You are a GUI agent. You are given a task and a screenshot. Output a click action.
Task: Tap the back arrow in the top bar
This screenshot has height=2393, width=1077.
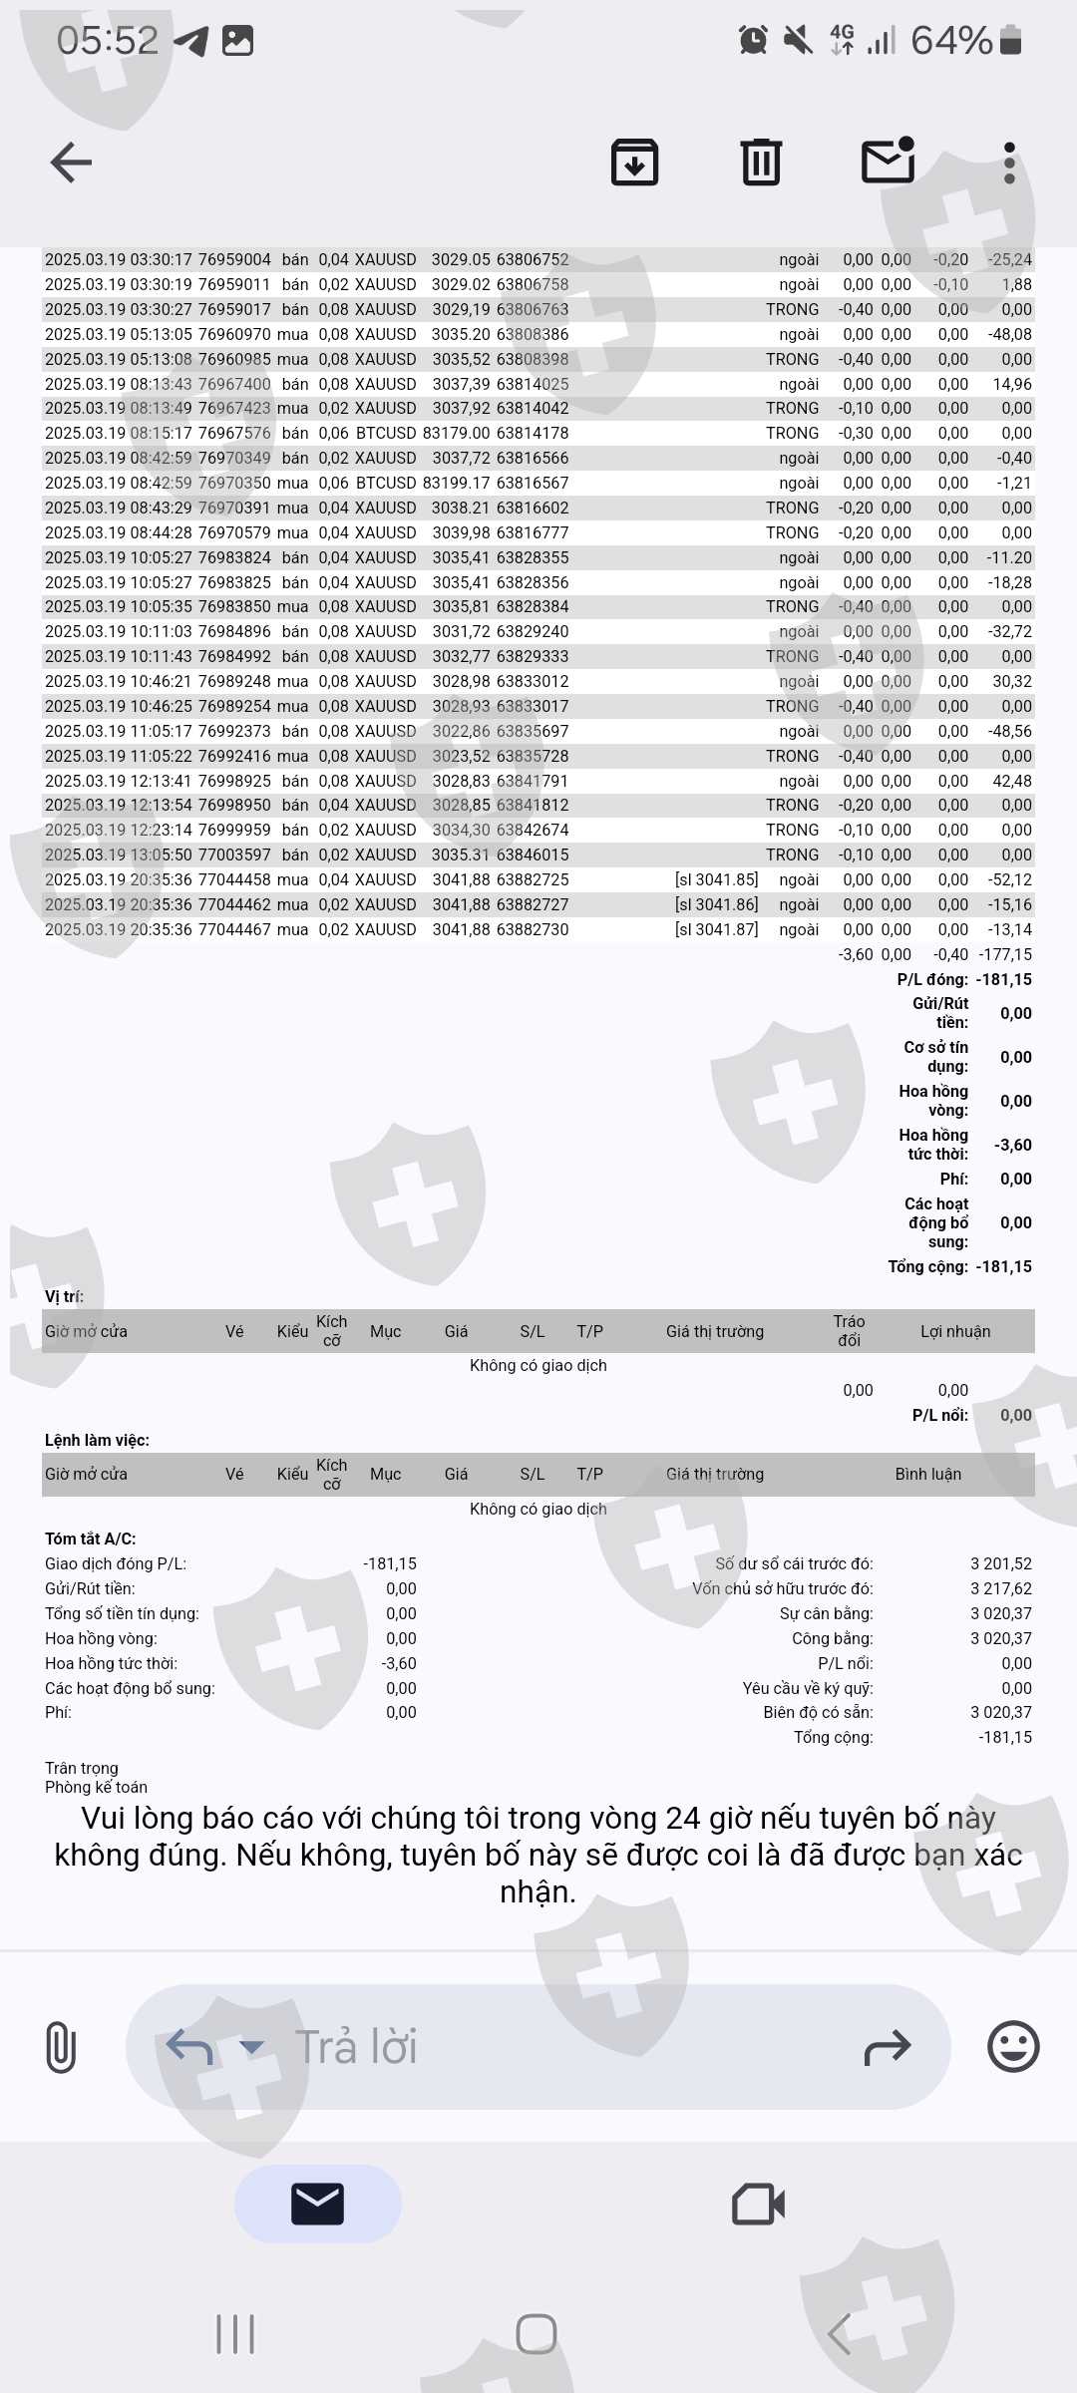[x=71, y=163]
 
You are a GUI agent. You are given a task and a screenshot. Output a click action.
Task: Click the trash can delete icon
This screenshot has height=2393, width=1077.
[x=761, y=163]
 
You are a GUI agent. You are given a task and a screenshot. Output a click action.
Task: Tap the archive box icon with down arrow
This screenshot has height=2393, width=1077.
[x=634, y=163]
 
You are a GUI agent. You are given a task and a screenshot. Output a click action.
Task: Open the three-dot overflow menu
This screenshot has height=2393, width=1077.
[x=1009, y=163]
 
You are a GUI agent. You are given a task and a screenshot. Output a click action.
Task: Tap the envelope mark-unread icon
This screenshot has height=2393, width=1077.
[x=888, y=162]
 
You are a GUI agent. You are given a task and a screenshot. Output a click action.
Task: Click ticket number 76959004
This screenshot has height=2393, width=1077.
[x=234, y=259]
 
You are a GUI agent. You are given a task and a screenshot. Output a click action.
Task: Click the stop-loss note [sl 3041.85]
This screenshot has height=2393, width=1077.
[x=716, y=879]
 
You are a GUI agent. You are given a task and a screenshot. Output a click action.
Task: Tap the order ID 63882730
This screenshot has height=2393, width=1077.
[x=533, y=929]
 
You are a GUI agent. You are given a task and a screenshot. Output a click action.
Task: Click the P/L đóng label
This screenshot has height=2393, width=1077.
[x=932, y=979]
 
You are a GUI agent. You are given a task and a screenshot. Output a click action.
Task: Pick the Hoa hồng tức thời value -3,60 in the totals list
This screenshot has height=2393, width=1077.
[x=1012, y=1145]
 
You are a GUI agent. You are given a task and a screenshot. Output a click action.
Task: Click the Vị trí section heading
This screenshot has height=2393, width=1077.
[x=64, y=1296]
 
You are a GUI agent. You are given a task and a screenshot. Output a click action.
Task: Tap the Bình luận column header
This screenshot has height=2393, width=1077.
[x=927, y=1474]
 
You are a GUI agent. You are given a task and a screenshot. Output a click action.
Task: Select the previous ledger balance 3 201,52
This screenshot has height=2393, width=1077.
[x=1000, y=1563]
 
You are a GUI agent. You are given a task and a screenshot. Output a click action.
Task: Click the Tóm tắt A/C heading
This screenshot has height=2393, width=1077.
[x=90, y=1538]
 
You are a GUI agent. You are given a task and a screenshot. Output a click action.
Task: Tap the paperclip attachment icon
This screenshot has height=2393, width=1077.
[x=61, y=2047]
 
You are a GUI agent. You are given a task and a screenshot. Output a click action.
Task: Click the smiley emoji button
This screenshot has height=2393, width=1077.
[x=1013, y=2047]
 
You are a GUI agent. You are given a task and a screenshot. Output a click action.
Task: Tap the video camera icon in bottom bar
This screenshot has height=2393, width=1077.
[x=758, y=2204]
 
